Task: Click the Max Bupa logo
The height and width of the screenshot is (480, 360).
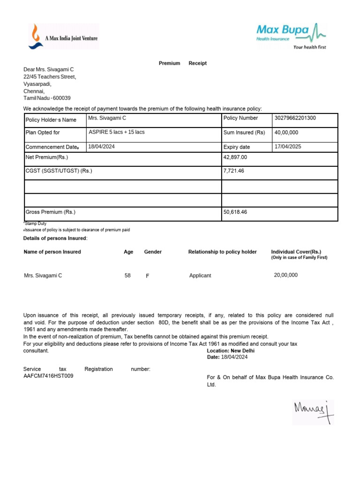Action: (291, 36)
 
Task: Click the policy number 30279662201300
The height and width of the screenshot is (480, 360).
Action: (295, 118)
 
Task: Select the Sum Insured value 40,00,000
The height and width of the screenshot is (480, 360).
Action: (286, 133)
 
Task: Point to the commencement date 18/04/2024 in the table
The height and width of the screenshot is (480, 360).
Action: (102, 147)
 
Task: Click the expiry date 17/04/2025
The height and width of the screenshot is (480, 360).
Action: (288, 147)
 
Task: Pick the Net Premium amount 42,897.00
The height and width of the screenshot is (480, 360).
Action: (235, 157)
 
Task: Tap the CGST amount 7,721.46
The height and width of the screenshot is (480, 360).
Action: (234, 171)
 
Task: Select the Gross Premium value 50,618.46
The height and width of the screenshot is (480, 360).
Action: (235, 212)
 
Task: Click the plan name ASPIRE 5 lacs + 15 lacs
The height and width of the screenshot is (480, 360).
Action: (117, 132)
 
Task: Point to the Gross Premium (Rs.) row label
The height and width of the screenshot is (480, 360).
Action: (51, 212)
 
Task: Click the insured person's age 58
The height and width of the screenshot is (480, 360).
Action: (127, 276)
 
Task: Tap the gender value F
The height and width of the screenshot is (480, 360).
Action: (148, 276)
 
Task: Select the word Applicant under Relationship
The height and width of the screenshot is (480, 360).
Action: (200, 276)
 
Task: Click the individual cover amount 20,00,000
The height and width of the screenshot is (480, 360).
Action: (285, 275)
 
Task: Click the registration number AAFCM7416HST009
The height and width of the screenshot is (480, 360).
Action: (48, 376)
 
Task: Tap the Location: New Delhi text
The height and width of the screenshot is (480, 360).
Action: (231, 351)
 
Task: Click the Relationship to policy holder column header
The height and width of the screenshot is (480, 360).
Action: (222, 252)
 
